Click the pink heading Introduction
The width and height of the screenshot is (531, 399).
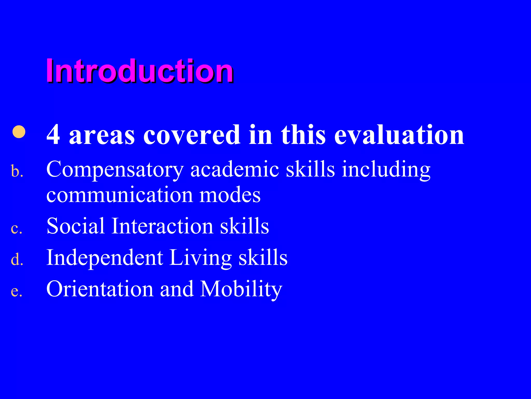[139, 71]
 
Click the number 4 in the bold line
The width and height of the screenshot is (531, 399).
[53, 135]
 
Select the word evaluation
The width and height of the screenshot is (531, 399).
[399, 135]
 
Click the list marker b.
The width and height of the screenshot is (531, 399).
[17, 172]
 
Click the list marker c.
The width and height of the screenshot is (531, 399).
[16, 229]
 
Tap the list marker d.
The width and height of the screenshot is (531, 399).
[17, 260]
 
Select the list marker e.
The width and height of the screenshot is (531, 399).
[16, 291]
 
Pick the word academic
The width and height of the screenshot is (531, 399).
[235, 169]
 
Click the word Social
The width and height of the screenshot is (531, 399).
[75, 226]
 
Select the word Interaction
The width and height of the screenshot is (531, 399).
[162, 226]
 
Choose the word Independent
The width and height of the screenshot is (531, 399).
[105, 258]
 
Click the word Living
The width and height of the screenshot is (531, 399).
[200, 258]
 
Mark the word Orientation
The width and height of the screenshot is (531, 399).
[100, 289]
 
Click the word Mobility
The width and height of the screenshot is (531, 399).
[241, 289]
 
